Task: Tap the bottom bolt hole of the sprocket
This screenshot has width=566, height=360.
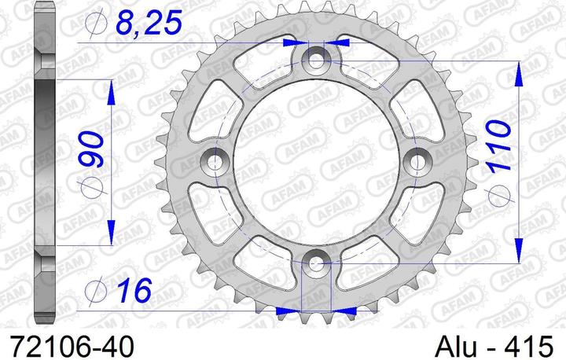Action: click(317, 263)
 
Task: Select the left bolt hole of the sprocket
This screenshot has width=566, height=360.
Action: click(215, 160)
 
